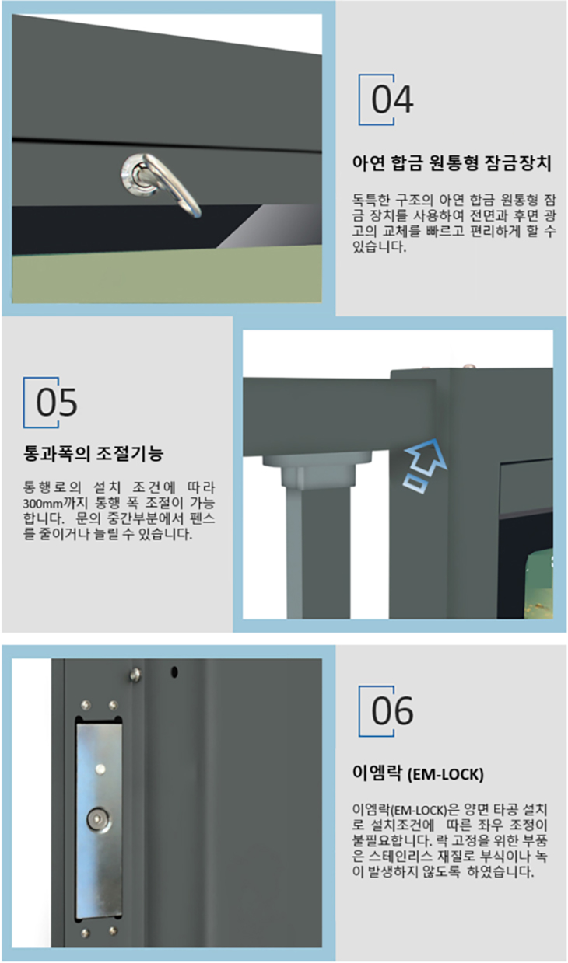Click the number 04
(x=392, y=99)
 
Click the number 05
(x=56, y=403)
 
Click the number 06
(x=392, y=711)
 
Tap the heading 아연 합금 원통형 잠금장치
(x=451, y=163)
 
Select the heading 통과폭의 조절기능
(x=93, y=454)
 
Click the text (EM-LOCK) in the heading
(x=445, y=775)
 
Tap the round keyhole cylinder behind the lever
(x=137, y=175)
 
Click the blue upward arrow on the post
(x=424, y=466)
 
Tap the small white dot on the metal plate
(x=100, y=768)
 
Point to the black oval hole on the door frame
(x=174, y=672)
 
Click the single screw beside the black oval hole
(x=135, y=675)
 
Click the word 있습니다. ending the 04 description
(x=379, y=246)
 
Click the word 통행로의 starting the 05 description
(x=52, y=487)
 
